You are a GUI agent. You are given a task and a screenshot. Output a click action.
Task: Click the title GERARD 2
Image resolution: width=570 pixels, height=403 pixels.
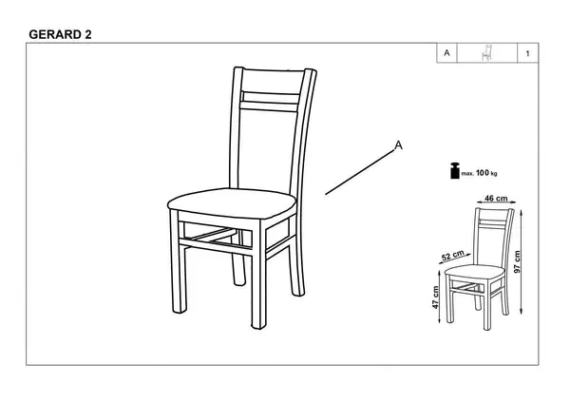pyautogui.click(x=60, y=34)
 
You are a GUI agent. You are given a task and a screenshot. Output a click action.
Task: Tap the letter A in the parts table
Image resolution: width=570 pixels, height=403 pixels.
pyautogui.click(x=446, y=53)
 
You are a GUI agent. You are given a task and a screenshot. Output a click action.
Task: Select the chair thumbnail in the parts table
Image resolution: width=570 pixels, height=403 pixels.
pyautogui.click(x=486, y=53)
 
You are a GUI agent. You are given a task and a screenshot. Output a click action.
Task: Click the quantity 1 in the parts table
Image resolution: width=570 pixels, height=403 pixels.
pyautogui.click(x=527, y=54)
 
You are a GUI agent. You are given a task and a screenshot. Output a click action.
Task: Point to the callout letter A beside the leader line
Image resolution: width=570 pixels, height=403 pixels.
pyautogui.click(x=399, y=145)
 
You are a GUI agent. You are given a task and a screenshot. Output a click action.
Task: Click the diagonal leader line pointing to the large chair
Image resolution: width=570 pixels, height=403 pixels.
pyautogui.click(x=359, y=173)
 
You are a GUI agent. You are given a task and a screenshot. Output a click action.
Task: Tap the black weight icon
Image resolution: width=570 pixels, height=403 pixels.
pyautogui.click(x=455, y=170)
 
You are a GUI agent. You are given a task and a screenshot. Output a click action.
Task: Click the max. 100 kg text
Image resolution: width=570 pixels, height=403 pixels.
pyautogui.click(x=479, y=173)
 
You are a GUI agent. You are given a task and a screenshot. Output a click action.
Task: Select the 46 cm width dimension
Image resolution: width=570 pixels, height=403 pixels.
pyautogui.click(x=496, y=199)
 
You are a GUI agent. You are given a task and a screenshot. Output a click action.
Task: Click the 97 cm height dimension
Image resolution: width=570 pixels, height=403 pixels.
pyautogui.click(x=518, y=261)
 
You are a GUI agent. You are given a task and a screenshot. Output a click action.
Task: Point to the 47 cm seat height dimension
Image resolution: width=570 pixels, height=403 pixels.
pyautogui.click(x=435, y=297)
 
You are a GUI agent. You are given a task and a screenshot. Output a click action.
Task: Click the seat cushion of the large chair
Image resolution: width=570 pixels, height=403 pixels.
pyautogui.click(x=232, y=203)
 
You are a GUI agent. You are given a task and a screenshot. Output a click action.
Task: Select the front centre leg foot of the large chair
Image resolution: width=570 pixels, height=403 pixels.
pyautogui.click(x=258, y=324)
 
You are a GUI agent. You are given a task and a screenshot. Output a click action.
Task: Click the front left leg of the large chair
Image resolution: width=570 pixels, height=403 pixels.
pyautogui.click(x=179, y=262)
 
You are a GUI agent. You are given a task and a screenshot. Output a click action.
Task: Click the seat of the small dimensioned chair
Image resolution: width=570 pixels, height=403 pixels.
pyautogui.click(x=475, y=271)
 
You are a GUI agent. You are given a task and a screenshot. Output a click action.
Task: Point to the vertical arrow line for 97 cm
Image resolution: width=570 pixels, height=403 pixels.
pyautogui.click(x=522, y=262)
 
